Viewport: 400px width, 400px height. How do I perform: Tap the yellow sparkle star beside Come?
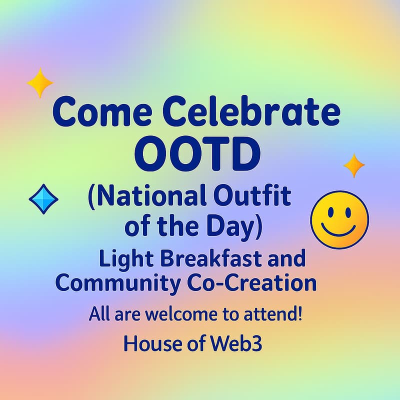click(39, 82)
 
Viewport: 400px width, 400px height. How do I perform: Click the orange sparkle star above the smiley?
click(354, 165)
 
